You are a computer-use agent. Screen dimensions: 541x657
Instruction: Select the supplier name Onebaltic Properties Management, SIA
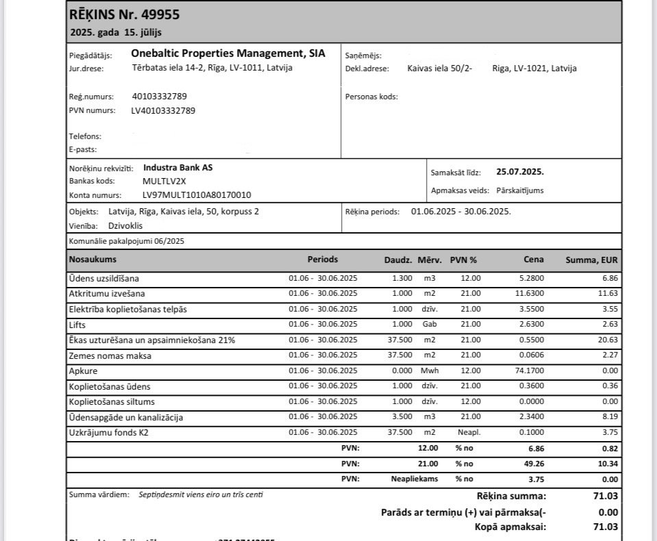[228, 53]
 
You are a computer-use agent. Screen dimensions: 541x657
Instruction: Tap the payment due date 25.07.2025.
[520, 172]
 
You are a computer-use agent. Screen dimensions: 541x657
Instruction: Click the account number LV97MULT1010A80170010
[197, 195]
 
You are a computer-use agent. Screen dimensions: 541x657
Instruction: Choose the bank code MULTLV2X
[164, 181]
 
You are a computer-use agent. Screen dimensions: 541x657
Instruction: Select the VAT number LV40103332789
[163, 110]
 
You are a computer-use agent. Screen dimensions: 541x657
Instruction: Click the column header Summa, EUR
[591, 260]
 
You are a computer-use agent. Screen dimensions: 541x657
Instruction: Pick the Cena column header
[534, 260]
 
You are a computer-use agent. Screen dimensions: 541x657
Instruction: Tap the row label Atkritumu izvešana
[107, 294]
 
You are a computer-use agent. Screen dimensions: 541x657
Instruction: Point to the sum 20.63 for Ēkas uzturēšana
[608, 340]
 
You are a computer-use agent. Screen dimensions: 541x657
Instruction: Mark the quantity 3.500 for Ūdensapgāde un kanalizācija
[402, 417]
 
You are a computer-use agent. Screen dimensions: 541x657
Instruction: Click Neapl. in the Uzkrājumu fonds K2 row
[469, 432]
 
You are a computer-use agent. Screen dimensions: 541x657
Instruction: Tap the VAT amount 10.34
[608, 464]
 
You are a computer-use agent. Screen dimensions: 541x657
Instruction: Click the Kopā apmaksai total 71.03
[606, 527]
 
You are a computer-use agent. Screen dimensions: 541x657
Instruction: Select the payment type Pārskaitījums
[520, 190]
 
